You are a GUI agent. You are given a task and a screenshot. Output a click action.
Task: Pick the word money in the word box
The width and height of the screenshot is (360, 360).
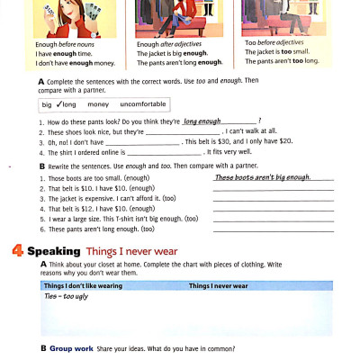(98, 104)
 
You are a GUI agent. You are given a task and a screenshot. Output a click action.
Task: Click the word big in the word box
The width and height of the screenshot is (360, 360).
(47, 104)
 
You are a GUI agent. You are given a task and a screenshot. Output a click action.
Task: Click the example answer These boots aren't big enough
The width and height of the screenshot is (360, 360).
(261, 178)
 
